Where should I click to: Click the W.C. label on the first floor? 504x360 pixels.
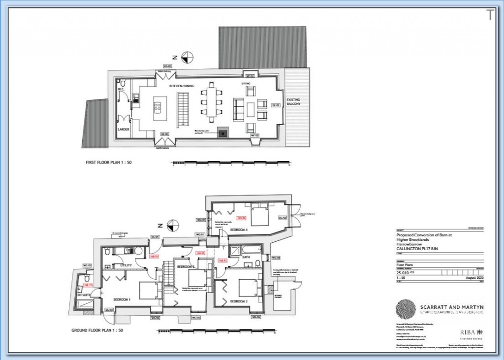pos(120,90)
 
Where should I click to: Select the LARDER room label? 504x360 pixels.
pos(123,129)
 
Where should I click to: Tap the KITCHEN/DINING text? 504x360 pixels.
pos(182,86)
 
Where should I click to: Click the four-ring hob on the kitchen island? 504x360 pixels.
pos(159,105)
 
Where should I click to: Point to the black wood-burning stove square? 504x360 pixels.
pos(224,132)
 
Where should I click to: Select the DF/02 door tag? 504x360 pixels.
pos(275,105)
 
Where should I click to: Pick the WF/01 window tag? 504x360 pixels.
pos(250,76)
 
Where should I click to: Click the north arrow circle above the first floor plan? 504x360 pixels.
pos(187,57)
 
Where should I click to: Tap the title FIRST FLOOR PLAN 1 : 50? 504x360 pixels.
pos(109,162)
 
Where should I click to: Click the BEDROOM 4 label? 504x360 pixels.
pos(239,230)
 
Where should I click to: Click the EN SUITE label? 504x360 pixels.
pos(82,295)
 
